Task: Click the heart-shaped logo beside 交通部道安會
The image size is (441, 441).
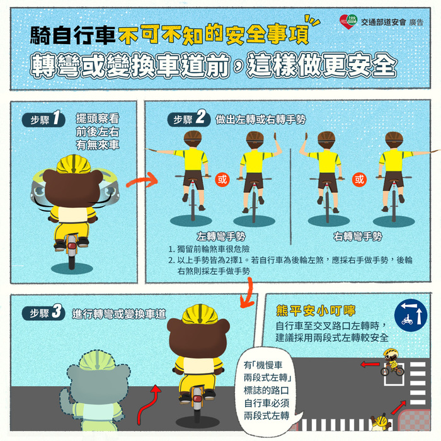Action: pyautogui.click(x=348, y=22)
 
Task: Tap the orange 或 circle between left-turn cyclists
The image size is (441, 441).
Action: pyautogui.click(x=222, y=179)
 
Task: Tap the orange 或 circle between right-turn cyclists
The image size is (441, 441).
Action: pyautogui.click(x=359, y=179)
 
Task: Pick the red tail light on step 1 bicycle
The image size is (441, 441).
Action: pyautogui.click(x=72, y=243)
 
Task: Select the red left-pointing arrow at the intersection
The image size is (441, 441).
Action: pyautogui.click(x=369, y=364)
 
